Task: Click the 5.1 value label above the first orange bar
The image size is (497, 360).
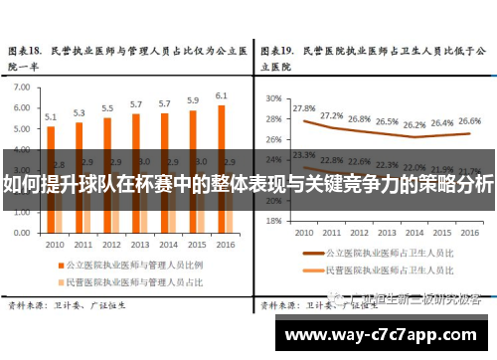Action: click(x=51, y=116)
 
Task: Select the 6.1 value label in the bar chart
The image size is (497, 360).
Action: click(x=221, y=95)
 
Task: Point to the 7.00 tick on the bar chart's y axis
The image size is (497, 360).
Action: click(x=22, y=87)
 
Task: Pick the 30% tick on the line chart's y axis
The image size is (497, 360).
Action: click(x=274, y=98)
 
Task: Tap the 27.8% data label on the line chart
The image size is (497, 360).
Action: click(x=304, y=108)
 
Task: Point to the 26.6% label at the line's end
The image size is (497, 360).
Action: click(x=469, y=120)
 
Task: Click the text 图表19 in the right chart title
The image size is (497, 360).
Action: click(x=276, y=48)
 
